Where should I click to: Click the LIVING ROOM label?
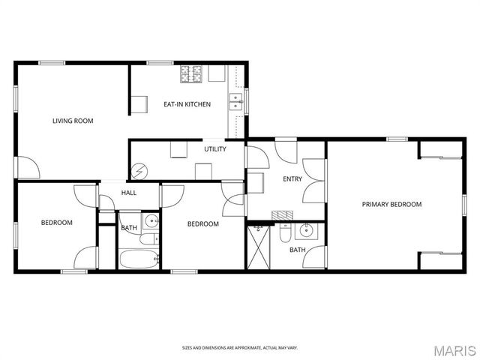(x=73, y=120)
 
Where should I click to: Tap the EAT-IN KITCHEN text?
(x=187, y=104)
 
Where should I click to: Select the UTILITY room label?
(x=215, y=149)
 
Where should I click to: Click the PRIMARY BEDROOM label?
(x=391, y=204)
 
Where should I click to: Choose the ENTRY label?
(x=292, y=179)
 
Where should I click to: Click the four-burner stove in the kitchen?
(x=191, y=73)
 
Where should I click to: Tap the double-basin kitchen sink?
(x=235, y=102)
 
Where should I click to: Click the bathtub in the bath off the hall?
(x=139, y=260)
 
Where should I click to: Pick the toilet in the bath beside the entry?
(x=284, y=235)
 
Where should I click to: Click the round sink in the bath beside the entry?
(x=305, y=229)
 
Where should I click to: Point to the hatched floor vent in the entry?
(x=280, y=214)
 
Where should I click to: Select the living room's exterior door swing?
(x=27, y=167)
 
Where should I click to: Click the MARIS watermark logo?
(x=454, y=350)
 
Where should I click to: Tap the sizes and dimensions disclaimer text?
(x=239, y=347)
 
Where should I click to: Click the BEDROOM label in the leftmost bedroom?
(x=56, y=223)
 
